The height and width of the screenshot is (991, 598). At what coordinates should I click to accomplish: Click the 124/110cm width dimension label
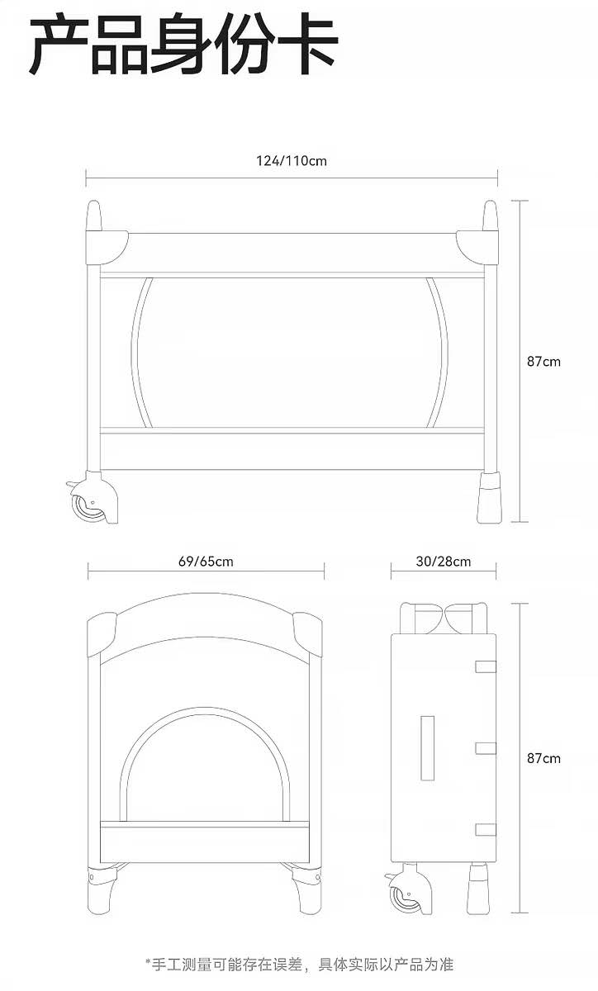292,160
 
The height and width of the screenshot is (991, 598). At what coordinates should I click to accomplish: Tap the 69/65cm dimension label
206,562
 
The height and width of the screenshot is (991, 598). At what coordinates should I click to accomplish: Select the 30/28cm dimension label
443,562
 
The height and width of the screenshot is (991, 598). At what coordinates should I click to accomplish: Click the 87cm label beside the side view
543,362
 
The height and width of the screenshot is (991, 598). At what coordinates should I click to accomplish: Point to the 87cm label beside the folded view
543,758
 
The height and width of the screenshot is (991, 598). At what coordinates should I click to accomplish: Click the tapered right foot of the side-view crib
489,497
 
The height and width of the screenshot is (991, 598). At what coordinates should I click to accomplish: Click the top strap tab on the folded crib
486,666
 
